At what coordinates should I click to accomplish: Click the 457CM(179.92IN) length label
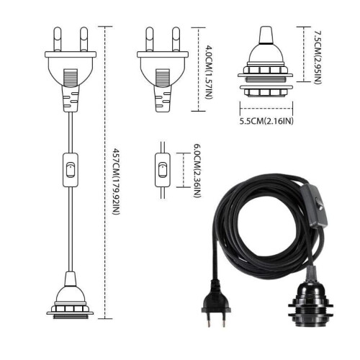(x=116, y=181)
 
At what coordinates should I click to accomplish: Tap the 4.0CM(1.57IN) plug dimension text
(x=209, y=72)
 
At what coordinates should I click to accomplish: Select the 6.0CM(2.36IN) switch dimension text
(x=197, y=171)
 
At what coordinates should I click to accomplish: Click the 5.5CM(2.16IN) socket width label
(x=266, y=121)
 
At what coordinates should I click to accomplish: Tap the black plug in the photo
(x=216, y=304)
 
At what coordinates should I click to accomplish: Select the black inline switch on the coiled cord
(x=313, y=205)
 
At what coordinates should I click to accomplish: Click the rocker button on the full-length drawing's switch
(x=71, y=170)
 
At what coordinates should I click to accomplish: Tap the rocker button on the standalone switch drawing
(x=163, y=170)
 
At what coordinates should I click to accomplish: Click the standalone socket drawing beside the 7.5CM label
(x=265, y=62)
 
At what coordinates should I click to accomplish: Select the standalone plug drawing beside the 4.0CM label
(x=163, y=69)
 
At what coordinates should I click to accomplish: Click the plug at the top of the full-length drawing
(x=71, y=69)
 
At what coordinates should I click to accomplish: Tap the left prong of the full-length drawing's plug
(x=58, y=39)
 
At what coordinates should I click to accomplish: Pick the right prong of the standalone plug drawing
(x=176, y=39)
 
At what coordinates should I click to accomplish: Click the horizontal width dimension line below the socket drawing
(x=266, y=109)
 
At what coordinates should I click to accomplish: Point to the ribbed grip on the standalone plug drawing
(x=163, y=77)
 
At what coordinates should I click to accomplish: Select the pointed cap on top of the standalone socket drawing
(x=265, y=35)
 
